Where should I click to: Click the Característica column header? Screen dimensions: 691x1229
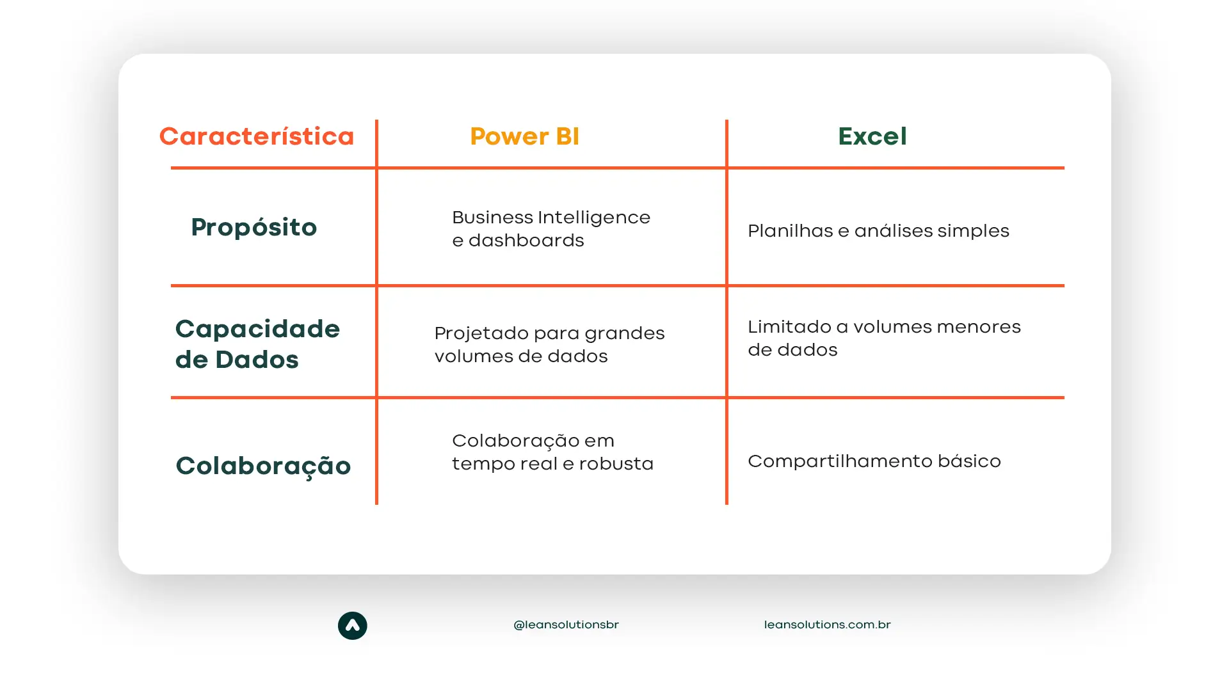257,136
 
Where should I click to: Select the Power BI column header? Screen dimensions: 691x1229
524,136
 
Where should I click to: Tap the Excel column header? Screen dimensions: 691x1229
872,136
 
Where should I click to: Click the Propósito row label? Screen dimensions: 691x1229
253,228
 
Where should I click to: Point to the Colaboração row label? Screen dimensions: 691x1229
263,466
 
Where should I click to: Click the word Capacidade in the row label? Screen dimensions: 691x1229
257,329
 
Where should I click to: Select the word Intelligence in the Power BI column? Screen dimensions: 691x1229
594,218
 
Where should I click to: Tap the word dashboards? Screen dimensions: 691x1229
526,241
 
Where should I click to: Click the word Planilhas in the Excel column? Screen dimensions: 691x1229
790,231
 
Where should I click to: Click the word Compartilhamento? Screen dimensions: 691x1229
839,462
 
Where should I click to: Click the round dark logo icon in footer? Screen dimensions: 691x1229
352,626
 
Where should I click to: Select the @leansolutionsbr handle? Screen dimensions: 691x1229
566,624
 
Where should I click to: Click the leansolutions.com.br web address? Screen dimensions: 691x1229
827,624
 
